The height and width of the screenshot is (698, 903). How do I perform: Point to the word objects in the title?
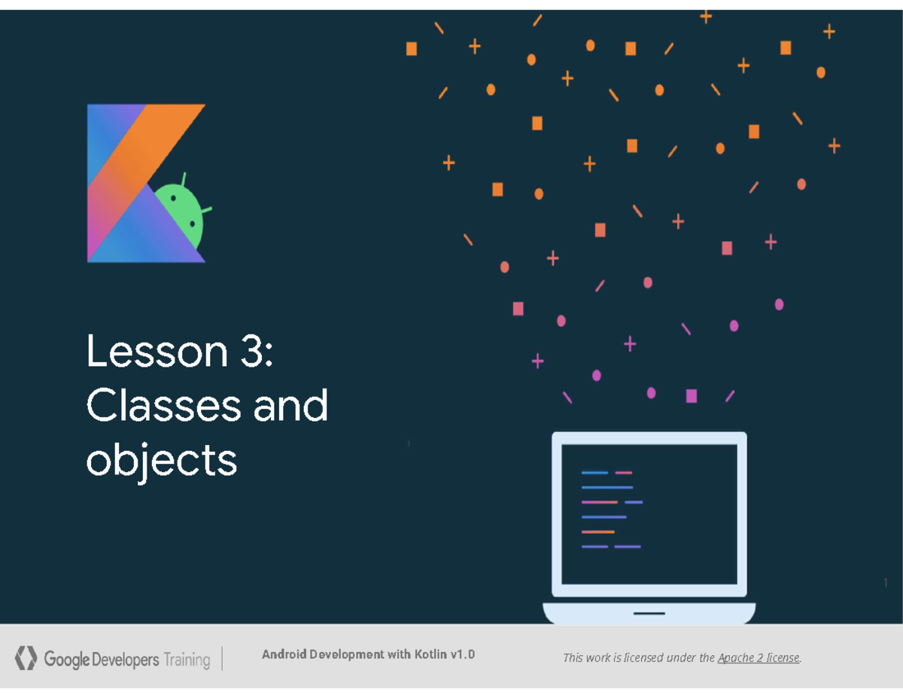[161, 460]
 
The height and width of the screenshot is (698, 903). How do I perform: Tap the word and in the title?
[290, 407]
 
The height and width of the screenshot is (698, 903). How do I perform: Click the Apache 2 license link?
[758, 658]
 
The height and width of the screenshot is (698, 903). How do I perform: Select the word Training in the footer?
[187, 660]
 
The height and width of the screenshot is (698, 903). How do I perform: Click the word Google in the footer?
[66, 660]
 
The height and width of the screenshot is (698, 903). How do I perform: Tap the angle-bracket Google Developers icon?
[26, 658]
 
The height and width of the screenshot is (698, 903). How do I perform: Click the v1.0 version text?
[462, 654]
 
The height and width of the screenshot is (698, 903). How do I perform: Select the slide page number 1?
[886, 584]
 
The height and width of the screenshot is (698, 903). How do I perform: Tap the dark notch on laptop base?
[649, 613]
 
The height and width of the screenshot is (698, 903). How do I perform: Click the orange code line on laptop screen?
[598, 532]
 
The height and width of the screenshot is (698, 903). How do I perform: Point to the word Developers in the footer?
[126, 660]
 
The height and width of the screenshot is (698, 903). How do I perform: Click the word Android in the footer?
[284, 654]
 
